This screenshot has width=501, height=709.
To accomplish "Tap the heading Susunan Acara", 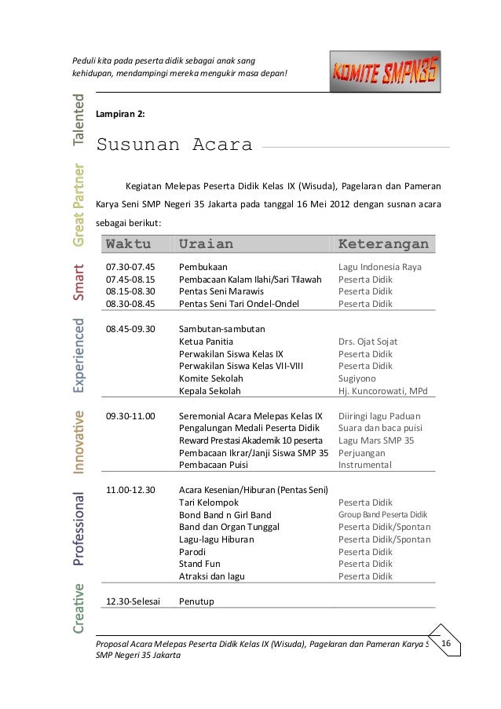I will [174, 145].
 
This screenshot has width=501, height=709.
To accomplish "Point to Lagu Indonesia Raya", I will [380, 267].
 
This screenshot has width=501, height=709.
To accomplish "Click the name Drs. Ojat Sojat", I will [368, 342].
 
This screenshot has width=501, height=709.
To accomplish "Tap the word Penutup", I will [197, 601].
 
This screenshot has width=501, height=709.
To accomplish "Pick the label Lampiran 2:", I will [119, 114].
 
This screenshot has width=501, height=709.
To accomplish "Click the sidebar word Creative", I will [79, 607].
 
